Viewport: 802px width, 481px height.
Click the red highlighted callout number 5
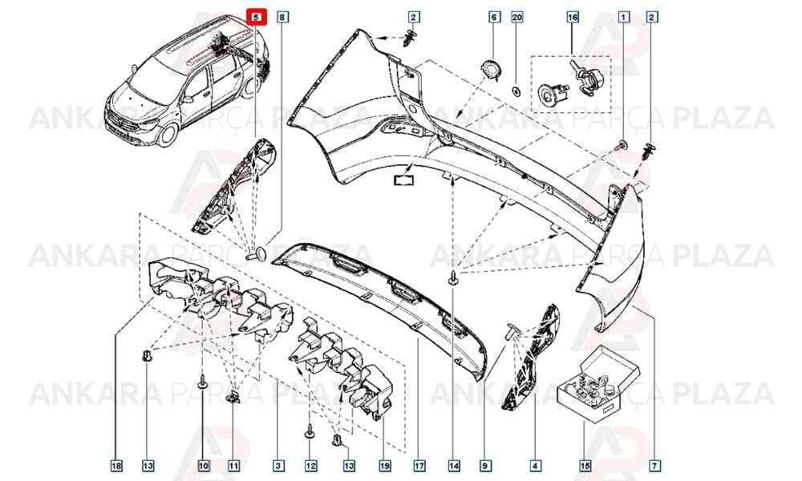257,17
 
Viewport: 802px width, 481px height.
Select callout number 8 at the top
282,17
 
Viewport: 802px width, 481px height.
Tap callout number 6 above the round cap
493,17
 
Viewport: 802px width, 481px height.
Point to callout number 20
517,17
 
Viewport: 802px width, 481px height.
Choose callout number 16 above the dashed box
573,17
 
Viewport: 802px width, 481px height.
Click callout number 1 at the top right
623,17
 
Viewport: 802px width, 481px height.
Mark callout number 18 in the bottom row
116,466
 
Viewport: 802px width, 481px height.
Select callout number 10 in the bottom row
203,466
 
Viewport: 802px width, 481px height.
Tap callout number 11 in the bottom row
233,466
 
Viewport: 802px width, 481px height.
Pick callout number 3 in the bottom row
278,466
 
